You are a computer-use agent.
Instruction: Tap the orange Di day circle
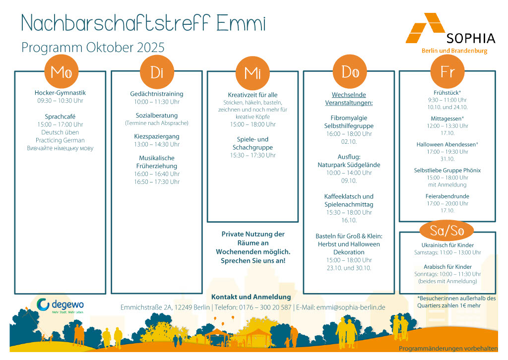click(x=157, y=72)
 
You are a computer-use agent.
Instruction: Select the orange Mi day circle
click(x=253, y=73)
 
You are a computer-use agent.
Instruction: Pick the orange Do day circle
click(x=350, y=71)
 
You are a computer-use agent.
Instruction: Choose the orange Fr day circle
click(x=447, y=71)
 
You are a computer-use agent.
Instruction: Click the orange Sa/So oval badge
click(x=446, y=231)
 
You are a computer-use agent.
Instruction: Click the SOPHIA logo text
click(x=470, y=38)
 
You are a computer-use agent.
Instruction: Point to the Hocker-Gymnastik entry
click(x=60, y=93)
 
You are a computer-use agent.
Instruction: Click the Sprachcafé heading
click(x=60, y=117)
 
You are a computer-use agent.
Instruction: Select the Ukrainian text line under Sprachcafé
click(x=60, y=148)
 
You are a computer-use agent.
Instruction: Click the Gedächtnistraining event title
click(x=157, y=94)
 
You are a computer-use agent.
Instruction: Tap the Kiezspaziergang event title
click(x=157, y=136)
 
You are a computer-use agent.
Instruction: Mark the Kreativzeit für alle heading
click(x=253, y=95)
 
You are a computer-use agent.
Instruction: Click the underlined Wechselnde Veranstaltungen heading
click(x=349, y=99)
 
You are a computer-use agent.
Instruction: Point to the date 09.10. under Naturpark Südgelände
click(x=349, y=180)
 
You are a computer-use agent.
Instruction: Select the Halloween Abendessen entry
click(x=447, y=144)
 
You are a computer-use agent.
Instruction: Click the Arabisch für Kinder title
click(x=447, y=267)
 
